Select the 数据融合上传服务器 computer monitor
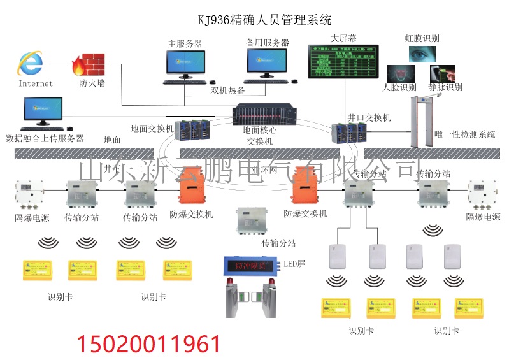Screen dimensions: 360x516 click(43, 111)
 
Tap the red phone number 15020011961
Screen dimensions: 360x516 click(149, 344)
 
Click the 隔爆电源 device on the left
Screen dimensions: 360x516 click(29, 194)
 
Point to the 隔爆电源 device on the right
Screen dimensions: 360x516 click(482, 194)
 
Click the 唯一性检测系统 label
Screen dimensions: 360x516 click(464, 134)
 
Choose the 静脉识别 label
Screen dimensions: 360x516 click(445, 87)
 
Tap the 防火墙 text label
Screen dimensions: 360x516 click(92, 83)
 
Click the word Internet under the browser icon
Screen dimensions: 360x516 click(36, 83)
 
